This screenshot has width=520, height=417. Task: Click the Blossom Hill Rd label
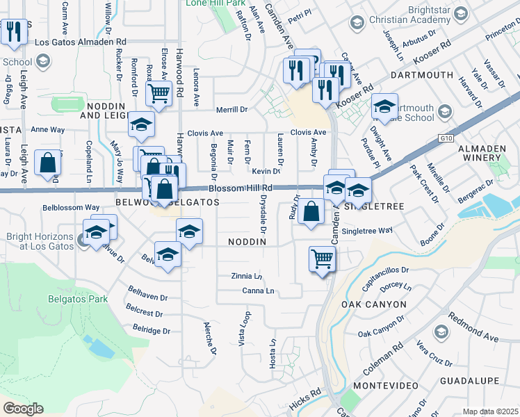coord(241,188)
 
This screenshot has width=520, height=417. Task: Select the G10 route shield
coord(446,138)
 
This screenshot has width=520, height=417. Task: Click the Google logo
coord(24,408)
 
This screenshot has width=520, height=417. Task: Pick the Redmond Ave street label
coord(473,327)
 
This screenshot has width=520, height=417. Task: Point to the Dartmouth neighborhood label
coord(417,74)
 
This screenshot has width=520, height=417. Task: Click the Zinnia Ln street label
coord(247,276)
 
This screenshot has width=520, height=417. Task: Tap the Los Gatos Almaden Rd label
coord(84,42)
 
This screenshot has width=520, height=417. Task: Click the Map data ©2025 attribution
coord(490,411)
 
